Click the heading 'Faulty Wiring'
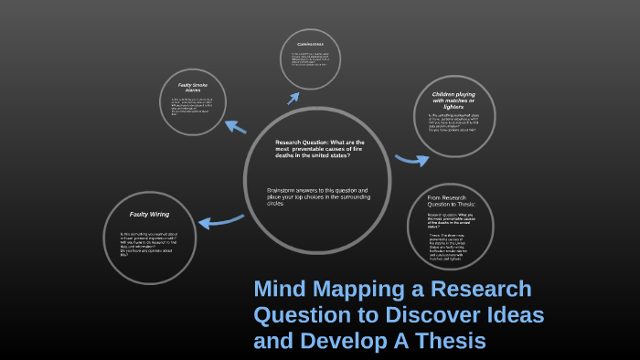[x=149, y=214]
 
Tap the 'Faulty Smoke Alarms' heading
[x=192, y=88]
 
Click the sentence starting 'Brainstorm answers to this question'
[x=311, y=195]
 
